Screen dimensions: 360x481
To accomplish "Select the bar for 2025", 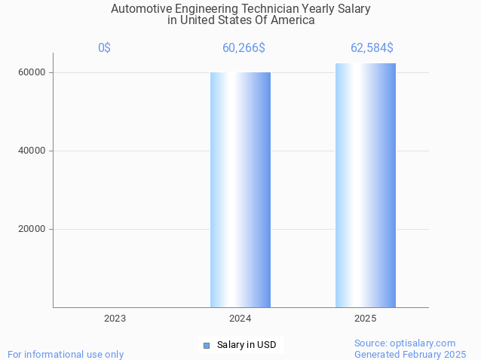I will [x=366, y=185].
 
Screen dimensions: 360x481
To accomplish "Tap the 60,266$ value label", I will [x=244, y=48].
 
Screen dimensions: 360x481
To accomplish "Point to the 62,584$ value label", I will [x=372, y=48].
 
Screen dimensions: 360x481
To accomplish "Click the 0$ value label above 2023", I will [x=104, y=48].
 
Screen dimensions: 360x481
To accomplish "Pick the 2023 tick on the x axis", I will [x=115, y=319].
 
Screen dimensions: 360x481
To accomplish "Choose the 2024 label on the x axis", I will [x=240, y=319].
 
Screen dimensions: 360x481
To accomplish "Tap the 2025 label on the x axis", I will [x=366, y=319].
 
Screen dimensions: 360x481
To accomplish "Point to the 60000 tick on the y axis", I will [x=32, y=73].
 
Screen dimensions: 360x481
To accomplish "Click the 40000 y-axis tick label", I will [x=32, y=151].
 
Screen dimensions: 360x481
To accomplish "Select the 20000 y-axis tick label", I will [x=32, y=229].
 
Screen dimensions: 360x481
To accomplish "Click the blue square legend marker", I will [x=207, y=346].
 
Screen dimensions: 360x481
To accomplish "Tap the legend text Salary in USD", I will [x=247, y=345].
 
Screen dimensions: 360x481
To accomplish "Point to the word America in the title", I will [x=293, y=20].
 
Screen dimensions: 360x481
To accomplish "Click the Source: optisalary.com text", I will [x=405, y=343].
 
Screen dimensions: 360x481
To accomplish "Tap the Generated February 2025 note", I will [x=410, y=354].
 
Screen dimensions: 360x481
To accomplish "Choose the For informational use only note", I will [x=66, y=354].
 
